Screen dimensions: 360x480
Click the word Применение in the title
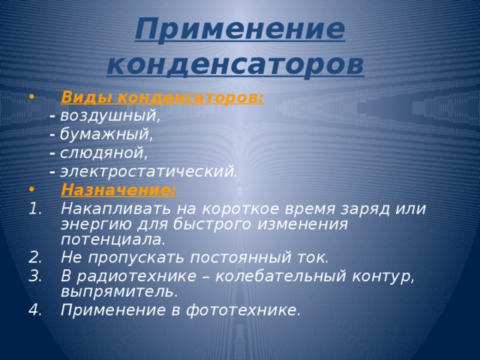pyautogui.click(x=240, y=31)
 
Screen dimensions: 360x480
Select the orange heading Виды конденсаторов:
pyautogui.click(x=162, y=98)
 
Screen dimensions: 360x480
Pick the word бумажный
pyautogui.click(x=106, y=135)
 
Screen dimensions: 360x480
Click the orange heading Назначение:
pyautogui.click(x=119, y=190)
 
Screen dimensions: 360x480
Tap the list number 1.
pyautogui.click(x=34, y=208)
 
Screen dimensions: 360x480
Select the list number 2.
pyautogui.click(x=34, y=257)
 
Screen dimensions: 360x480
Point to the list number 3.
pyautogui.click(x=34, y=275)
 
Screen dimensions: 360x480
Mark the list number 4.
pyautogui.click(x=34, y=310)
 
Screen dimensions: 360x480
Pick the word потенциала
pyautogui.click(x=112, y=239)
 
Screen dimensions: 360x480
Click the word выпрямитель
pyautogui.click(x=119, y=290)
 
